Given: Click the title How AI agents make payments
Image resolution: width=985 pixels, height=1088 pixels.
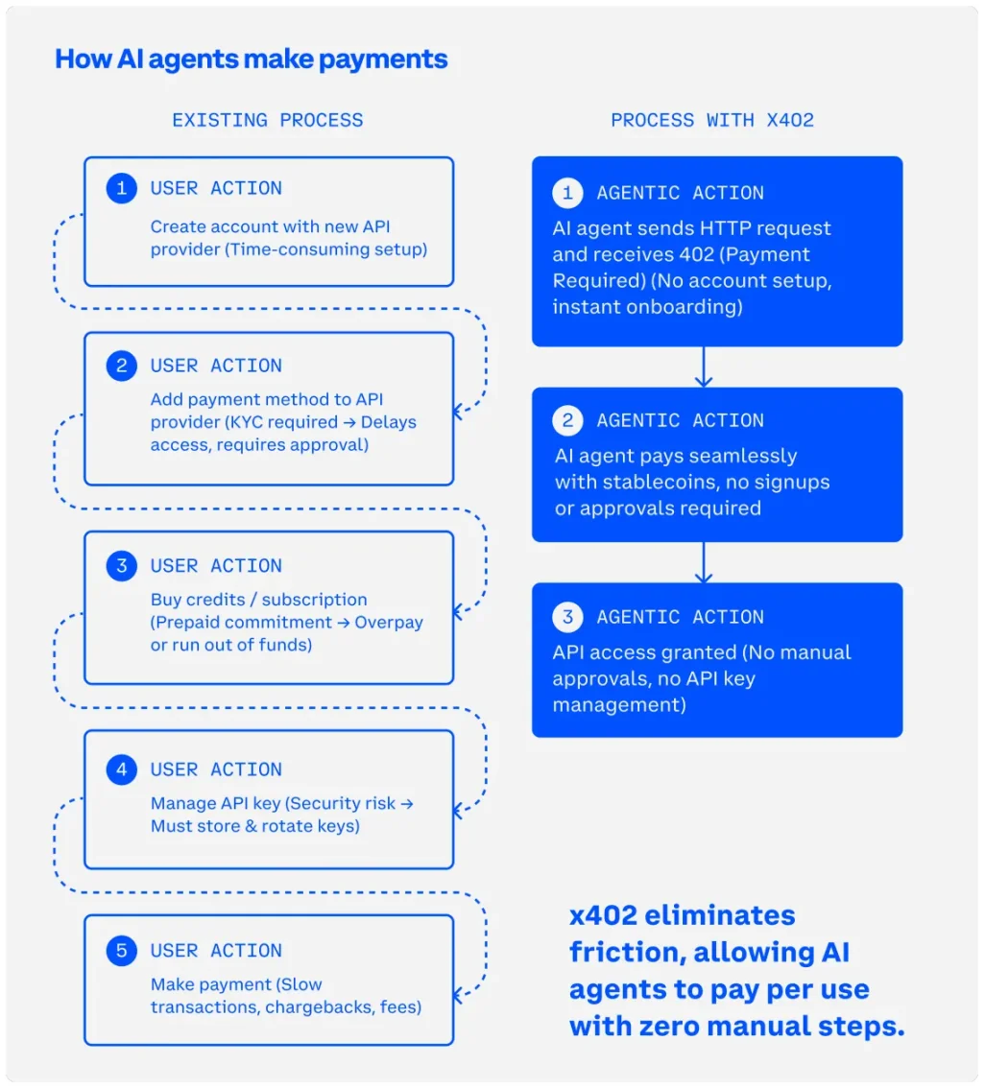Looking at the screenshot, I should (252, 59).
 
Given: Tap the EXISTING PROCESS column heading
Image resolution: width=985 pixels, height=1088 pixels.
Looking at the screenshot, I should (268, 121).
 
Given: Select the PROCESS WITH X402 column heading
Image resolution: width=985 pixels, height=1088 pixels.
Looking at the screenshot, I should (712, 121).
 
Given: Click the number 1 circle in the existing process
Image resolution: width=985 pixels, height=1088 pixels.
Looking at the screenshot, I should (122, 189).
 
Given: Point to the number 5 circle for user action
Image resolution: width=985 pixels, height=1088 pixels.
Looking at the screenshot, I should (122, 951).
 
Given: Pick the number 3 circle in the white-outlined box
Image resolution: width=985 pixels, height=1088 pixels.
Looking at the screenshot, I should (122, 566).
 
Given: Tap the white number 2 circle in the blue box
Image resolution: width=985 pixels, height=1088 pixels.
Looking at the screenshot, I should (567, 420).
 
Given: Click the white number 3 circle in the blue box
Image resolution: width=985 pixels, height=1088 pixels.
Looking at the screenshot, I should (567, 617).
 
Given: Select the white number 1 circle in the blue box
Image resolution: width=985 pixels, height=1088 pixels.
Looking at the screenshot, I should (567, 193).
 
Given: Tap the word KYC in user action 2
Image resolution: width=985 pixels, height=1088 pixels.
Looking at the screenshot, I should (246, 422).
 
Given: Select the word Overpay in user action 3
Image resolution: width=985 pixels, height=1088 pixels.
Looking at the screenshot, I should (389, 623).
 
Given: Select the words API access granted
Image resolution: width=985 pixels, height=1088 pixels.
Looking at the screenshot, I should (644, 653).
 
